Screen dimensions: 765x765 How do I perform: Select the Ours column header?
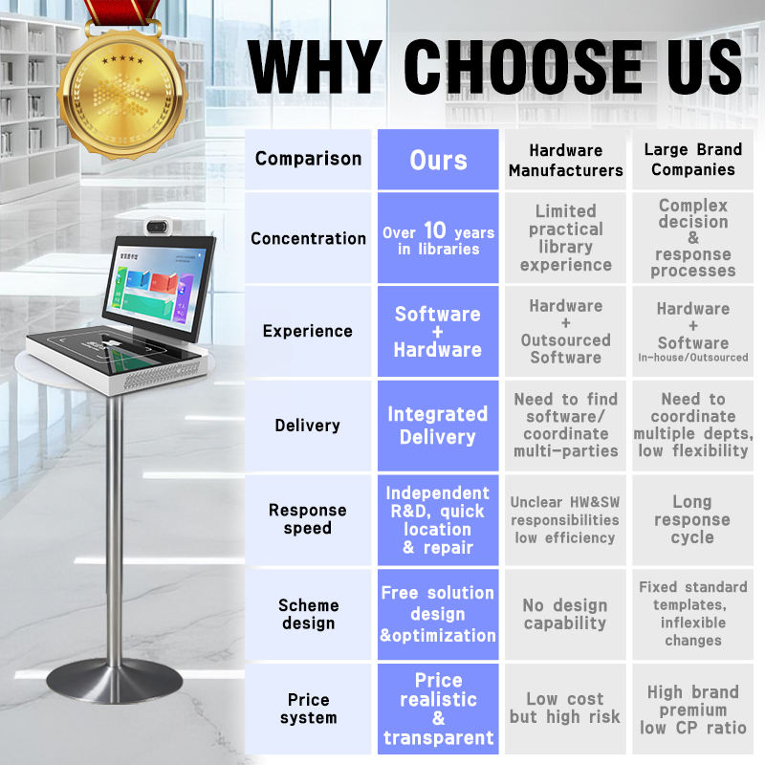pos(438,159)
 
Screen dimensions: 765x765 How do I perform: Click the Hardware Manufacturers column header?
pos(565,160)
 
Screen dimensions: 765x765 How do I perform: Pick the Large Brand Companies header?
pos(693,160)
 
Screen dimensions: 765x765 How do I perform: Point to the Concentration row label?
pos(308,238)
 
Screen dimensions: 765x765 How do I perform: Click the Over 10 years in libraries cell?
pos(438,239)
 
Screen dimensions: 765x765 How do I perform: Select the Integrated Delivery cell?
pos(438,426)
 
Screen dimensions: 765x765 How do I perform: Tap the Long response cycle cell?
pos(692,519)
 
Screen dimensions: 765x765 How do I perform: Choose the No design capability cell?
pos(564,614)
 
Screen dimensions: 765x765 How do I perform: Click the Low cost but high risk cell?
pos(564,708)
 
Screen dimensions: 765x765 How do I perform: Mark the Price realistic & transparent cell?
pos(438,709)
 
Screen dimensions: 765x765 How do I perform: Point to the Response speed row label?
pos(308,519)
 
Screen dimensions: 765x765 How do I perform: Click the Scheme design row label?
pos(308,614)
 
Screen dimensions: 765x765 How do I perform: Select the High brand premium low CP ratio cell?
pos(692,709)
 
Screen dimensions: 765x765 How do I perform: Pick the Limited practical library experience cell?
pos(565,238)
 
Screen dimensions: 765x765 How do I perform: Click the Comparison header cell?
pos(308,159)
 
